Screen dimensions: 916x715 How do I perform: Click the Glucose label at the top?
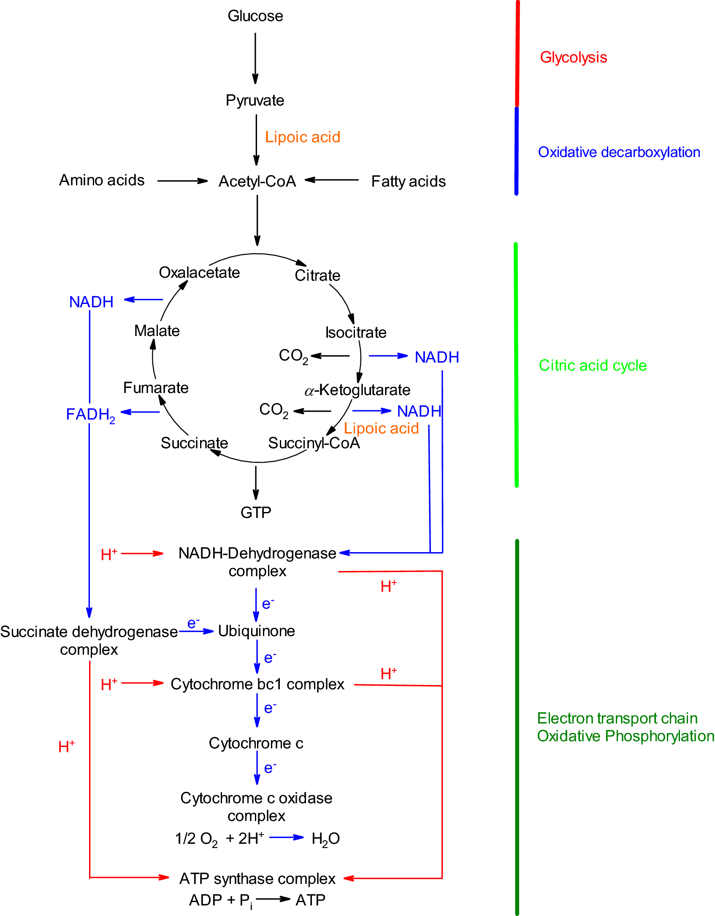point(255,16)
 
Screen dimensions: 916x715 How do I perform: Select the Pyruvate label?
point(255,100)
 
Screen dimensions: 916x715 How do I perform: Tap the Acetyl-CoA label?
point(257,182)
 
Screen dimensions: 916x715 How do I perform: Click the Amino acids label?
point(102,180)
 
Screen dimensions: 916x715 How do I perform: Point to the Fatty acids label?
point(408,182)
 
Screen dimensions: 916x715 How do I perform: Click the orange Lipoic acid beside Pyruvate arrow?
point(302,137)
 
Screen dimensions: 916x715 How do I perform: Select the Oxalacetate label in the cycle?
point(199,273)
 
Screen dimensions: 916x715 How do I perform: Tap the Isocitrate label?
point(355,333)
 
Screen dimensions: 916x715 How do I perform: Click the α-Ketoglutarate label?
point(357,390)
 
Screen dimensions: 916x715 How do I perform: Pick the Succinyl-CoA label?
point(314,443)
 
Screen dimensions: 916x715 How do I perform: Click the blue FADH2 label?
point(90,415)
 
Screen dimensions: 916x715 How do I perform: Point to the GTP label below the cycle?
point(256,512)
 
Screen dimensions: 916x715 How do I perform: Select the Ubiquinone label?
point(256,631)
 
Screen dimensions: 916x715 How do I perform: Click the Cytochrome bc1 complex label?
point(257,684)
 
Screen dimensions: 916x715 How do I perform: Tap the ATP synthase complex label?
point(257,878)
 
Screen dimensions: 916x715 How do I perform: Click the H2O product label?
point(325,839)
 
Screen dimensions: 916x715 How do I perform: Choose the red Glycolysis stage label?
point(573,57)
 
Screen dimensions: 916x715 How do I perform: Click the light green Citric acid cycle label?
point(592,366)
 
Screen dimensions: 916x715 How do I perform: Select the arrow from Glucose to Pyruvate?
point(255,58)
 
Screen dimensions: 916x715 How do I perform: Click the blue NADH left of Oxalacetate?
point(91,302)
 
